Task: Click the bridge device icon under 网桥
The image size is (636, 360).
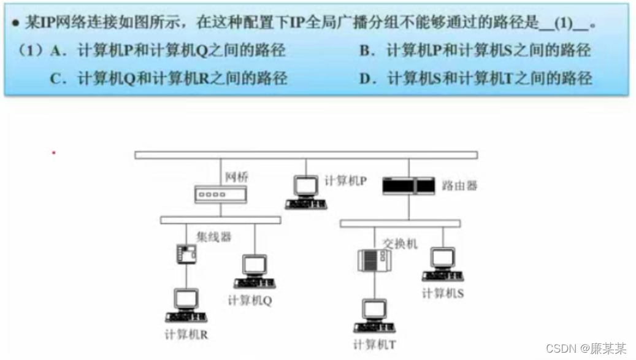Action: click(221, 194)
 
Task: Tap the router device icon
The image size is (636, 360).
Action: click(408, 185)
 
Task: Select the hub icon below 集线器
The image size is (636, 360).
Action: click(185, 253)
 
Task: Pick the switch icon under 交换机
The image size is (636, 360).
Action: click(374, 261)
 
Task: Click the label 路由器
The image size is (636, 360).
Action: click(459, 185)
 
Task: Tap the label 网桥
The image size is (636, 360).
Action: click(236, 177)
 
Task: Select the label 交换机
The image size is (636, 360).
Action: click(400, 243)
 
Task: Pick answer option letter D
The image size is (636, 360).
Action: click(367, 79)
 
